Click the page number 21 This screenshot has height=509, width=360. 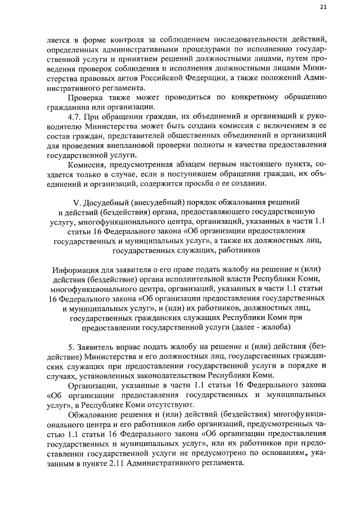[x=323, y=7]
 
